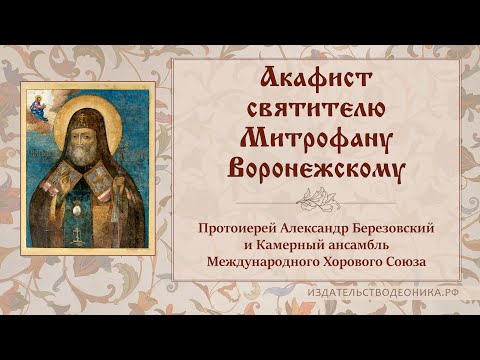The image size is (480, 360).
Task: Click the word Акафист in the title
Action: click(x=317, y=79)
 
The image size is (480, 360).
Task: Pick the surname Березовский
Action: click(x=395, y=229)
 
